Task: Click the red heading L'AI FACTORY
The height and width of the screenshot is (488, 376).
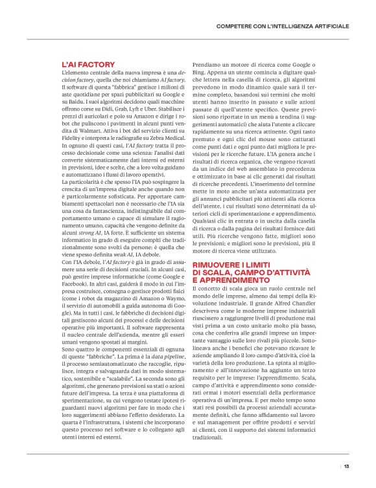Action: pos(88,65)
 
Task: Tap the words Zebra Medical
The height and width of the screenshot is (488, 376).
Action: pos(165,139)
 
